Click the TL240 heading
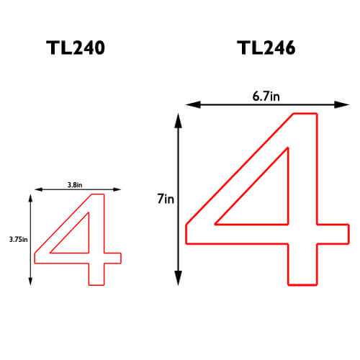[x=76, y=48]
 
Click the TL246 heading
[x=266, y=48]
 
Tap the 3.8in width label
[x=75, y=185]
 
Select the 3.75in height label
[x=18, y=239]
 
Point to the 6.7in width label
[x=266, y=96]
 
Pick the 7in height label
[x=166, y=199]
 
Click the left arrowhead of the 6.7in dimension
[x=193, y=104]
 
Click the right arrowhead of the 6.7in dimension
[x=342, y=104]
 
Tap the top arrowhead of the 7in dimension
[x=179, y=120]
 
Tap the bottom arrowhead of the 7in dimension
[x=179, y=278]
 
